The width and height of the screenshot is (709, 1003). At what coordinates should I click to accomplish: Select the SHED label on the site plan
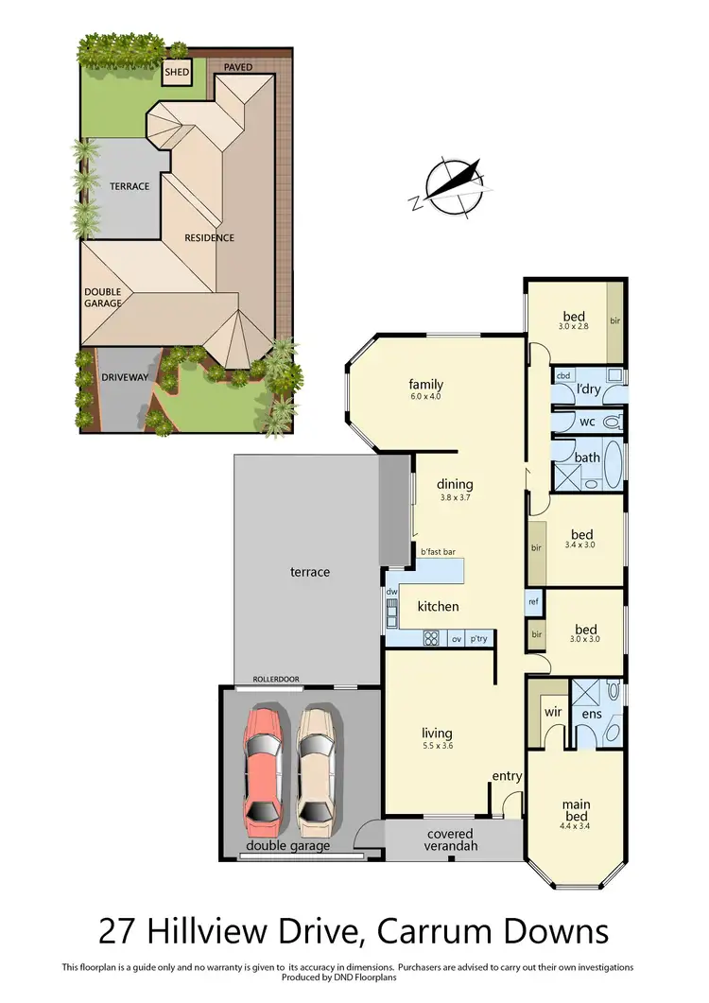[177, 72]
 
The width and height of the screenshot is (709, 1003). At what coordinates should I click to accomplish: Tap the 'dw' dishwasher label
[391, 593]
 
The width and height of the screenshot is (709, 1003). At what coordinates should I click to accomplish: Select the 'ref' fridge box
[533, 600]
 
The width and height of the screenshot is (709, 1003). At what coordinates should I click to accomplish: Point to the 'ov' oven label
[456, 638]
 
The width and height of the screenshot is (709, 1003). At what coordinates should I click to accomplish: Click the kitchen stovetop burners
[431, 638]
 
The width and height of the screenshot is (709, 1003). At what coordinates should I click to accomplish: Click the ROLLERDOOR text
[276, 679]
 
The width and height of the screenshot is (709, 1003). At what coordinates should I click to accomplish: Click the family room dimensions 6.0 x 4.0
[425, 397]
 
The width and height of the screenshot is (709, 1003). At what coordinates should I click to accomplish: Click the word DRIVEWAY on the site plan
[125, 377]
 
